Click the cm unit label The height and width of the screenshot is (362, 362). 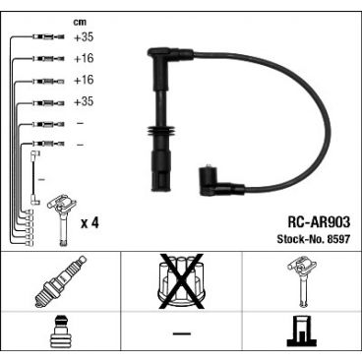pos(80,23)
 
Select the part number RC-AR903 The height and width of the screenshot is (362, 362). pos(319,222)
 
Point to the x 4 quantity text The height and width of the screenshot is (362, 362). pos(90,223)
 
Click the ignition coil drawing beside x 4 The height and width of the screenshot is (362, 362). pos(62,219)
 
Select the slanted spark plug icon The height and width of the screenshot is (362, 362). pos(60,282)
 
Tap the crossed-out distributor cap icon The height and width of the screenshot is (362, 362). pos(181,281)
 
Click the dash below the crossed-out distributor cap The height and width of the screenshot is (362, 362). pos(181,333)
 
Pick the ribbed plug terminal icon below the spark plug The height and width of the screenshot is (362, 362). pos(60,332)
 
